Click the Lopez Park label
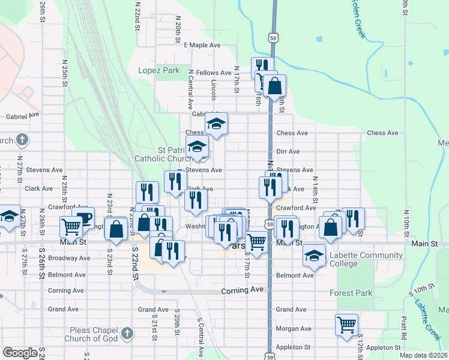[x=158, y=70]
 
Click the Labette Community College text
[x=366, y=259]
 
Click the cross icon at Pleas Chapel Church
[x=126, y=332]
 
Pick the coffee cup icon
[x=83, y=217]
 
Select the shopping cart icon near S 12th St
[x=346, y=325]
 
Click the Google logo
[x=20, y=353]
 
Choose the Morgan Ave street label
[x=294, y=329]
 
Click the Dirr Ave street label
[x=288, y=152]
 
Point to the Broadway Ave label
[x=69, y=259]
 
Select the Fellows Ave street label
[x=217, y=73]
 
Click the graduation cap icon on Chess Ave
[x=216, y=124]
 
